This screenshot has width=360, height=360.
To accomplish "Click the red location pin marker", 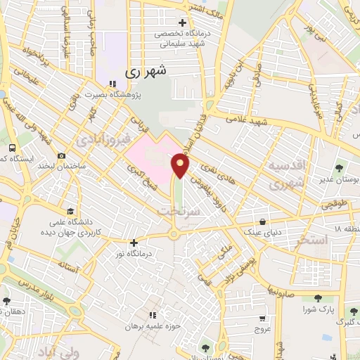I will [x=181, y=166].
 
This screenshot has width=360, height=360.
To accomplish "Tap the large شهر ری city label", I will [x=146, y=71].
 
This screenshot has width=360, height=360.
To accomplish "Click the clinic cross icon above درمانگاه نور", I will [x=134, y=243].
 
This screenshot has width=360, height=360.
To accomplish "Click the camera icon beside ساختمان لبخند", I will [x=62, y=156].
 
